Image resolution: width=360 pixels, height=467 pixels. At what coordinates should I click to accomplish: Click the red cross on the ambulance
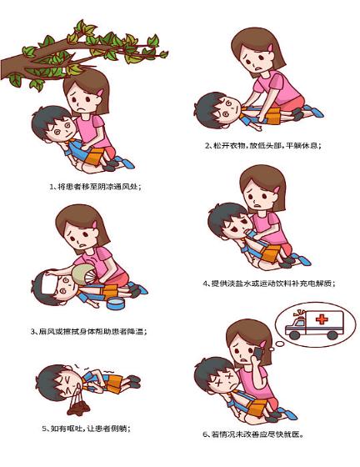tap(322, 319)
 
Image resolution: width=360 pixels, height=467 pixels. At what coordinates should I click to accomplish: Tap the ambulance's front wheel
tap(294, 334)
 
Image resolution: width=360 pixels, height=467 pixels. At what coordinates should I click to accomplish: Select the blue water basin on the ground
tap(116, 303)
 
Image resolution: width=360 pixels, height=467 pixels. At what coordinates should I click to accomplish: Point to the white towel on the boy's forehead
tap(46, 284)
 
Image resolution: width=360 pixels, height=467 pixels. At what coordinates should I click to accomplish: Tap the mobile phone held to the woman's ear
tap(257, 354)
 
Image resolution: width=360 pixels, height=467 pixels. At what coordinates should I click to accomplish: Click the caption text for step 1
tap(95, 187)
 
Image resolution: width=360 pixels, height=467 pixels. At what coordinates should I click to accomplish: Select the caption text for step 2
tap(263, 146)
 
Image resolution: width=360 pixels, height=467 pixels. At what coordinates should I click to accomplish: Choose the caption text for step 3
tap(88, 331)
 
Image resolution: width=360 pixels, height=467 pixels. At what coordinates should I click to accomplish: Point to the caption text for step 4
tap(269, 284)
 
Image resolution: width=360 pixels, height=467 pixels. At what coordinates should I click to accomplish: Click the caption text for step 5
tap(87, 429)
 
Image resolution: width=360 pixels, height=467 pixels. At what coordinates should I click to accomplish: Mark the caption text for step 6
tap(253, 434)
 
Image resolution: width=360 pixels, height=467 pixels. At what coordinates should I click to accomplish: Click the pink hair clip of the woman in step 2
tap(270, 47)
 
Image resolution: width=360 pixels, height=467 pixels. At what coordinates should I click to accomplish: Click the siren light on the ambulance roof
tap(299, 314)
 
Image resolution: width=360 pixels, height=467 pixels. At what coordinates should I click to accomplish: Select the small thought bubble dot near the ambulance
tap(280, 344)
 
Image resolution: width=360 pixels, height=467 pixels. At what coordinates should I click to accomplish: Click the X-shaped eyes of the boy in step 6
tap(223, 379)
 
